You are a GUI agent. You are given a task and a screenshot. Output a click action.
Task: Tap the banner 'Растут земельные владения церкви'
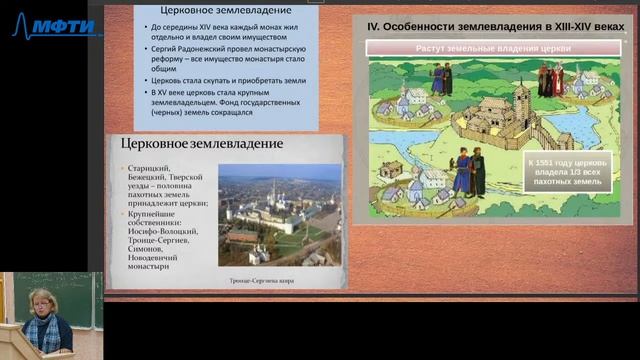[x=489, y=47]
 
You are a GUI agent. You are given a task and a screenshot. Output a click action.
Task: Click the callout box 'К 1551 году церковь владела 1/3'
[x=568, y=170]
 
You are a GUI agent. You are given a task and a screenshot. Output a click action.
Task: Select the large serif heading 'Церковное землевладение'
[x=201, y=144]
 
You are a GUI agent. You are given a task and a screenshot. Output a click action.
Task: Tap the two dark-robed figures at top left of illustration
[x=441, y=81]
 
